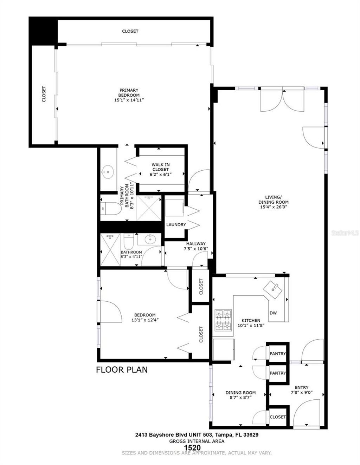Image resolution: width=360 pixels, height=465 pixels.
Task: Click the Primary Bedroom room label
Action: [x=129, y=93]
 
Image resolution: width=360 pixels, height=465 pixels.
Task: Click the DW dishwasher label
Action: [x=273, y=313]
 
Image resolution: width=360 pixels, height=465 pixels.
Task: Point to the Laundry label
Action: [x=176, y=225]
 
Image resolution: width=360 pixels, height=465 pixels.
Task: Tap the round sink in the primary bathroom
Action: [x=108, y=172]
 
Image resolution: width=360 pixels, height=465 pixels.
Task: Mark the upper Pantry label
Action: [x=278, y=354]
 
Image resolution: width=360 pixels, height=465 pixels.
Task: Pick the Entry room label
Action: [x=302, y=387]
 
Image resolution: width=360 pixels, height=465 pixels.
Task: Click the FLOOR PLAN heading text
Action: [x=122, y=369]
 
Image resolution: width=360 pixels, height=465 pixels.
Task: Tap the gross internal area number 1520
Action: [x=192, y=447]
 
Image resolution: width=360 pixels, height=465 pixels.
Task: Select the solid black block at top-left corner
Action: [x=43, y=31]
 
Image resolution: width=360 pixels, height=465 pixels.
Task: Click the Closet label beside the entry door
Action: [x=278, y=417]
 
